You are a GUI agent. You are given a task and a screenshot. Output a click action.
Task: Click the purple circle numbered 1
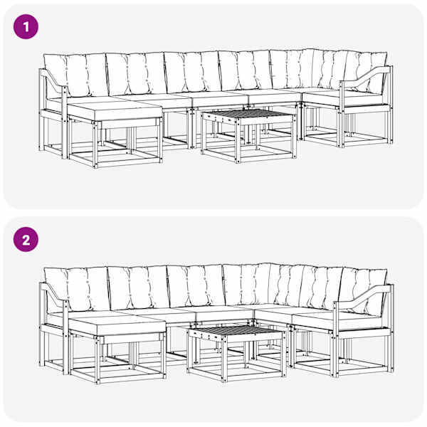pos(26,27)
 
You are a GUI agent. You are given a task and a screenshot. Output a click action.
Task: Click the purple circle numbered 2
pos(26,240)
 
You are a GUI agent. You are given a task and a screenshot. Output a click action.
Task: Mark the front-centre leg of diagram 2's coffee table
pos(224,359)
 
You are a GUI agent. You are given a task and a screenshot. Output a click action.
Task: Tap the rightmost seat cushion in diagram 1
pos(342,99)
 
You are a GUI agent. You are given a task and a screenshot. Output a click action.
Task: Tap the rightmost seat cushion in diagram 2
pos(341,321)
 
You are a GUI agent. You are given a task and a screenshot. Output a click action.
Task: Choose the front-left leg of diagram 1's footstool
pos(95,145)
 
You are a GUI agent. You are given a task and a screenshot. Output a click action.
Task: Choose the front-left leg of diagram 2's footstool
pos(97,360)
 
